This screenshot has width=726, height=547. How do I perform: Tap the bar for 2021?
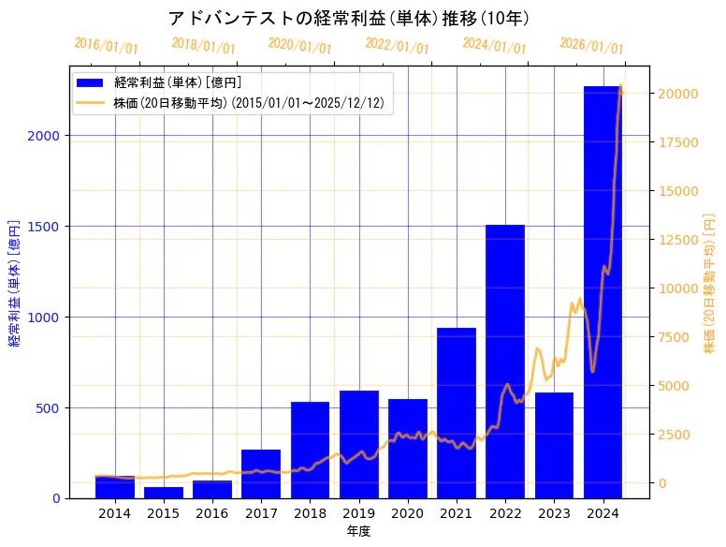[x=457, y=413]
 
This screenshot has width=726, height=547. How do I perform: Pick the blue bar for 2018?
[x=310, y=450]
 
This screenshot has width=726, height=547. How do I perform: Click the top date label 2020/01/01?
[x=299, y=45]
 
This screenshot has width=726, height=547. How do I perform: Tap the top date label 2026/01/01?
[x=591, y=45]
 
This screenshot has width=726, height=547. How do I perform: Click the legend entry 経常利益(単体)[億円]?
[x=178, y=83]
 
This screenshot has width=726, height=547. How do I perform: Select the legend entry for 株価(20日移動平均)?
[x=248, y=102]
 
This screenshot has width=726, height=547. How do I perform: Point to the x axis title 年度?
[x=358, y=531]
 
